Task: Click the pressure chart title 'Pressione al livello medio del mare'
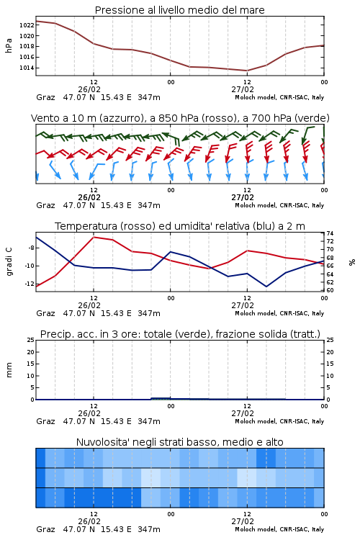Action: [179, 10]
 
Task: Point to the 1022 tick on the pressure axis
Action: [27, 25]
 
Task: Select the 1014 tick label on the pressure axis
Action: [27, 68]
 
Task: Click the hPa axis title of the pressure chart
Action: [9, 45]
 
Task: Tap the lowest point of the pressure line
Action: [247, 71]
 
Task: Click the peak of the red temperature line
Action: [94, 237]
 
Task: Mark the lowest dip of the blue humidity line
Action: [266, 287]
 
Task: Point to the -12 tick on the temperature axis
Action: [30, 284]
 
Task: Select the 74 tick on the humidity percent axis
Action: [330, 233]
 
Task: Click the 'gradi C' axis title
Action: [9, 261]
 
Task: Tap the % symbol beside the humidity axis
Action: [352, 262]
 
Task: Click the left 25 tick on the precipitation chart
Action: [31, 340]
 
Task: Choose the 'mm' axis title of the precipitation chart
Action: [9, 370]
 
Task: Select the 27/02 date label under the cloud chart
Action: [243, 521]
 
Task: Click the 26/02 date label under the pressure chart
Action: [89, 89]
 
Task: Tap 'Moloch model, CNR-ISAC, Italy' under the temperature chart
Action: [279, 313]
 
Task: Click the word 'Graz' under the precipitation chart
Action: [45, 421]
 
